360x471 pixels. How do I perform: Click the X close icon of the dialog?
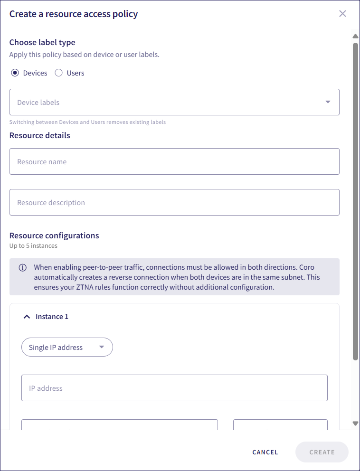pyautogui.click(x=342, y=14)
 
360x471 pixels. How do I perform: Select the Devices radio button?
pyautogui.click(x=15, y=73)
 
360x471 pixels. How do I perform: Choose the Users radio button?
pyautogui.click(x=59, y=73)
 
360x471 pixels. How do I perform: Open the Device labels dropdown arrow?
pyautogui.click(x=328, y=102)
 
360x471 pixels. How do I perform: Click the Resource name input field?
pyautogui.click(x=174, y=161)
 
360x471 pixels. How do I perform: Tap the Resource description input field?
pyautogui.click(x=174, y=202)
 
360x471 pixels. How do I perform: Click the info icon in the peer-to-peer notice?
pyautogui.click(x=23, y=268)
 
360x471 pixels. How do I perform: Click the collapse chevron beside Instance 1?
pyautogui.click(x=27, y=317)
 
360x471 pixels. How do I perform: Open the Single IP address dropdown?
pyautogui.click(x=67, y=347)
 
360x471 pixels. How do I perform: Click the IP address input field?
pyautogui.click(x=174, y=388)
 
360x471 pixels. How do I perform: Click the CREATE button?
pyautogui.click(x=322, y=452)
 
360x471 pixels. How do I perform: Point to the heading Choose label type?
pyautogui.click(x=42, y=42)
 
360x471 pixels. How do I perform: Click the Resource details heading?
pyautogui.click(x=40, y=135)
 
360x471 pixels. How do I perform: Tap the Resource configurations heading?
pyautogui.click(x=54, y=235)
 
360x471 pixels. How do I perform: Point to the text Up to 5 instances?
pyautogui.click(x=33, y=246)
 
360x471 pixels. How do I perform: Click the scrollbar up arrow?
pyautogui.click(x=355, y=36)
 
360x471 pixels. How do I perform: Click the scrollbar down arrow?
pyautogui.click(x=355, y=423)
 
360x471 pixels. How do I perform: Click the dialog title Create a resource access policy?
pyautogui.click(x=74, y=14)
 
